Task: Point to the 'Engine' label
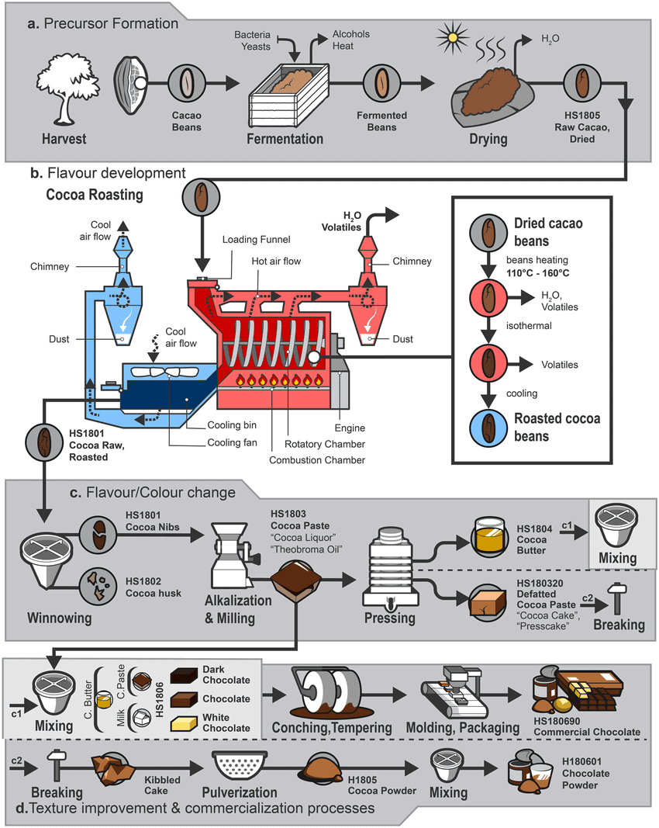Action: tap(348, 428)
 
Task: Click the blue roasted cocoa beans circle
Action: tap(487, 428)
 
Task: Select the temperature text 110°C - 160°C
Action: tap(544, 274)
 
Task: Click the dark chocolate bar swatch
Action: tap(185, 674)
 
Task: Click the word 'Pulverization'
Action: tap(240, 792)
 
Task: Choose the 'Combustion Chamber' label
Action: tap(316, 460)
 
